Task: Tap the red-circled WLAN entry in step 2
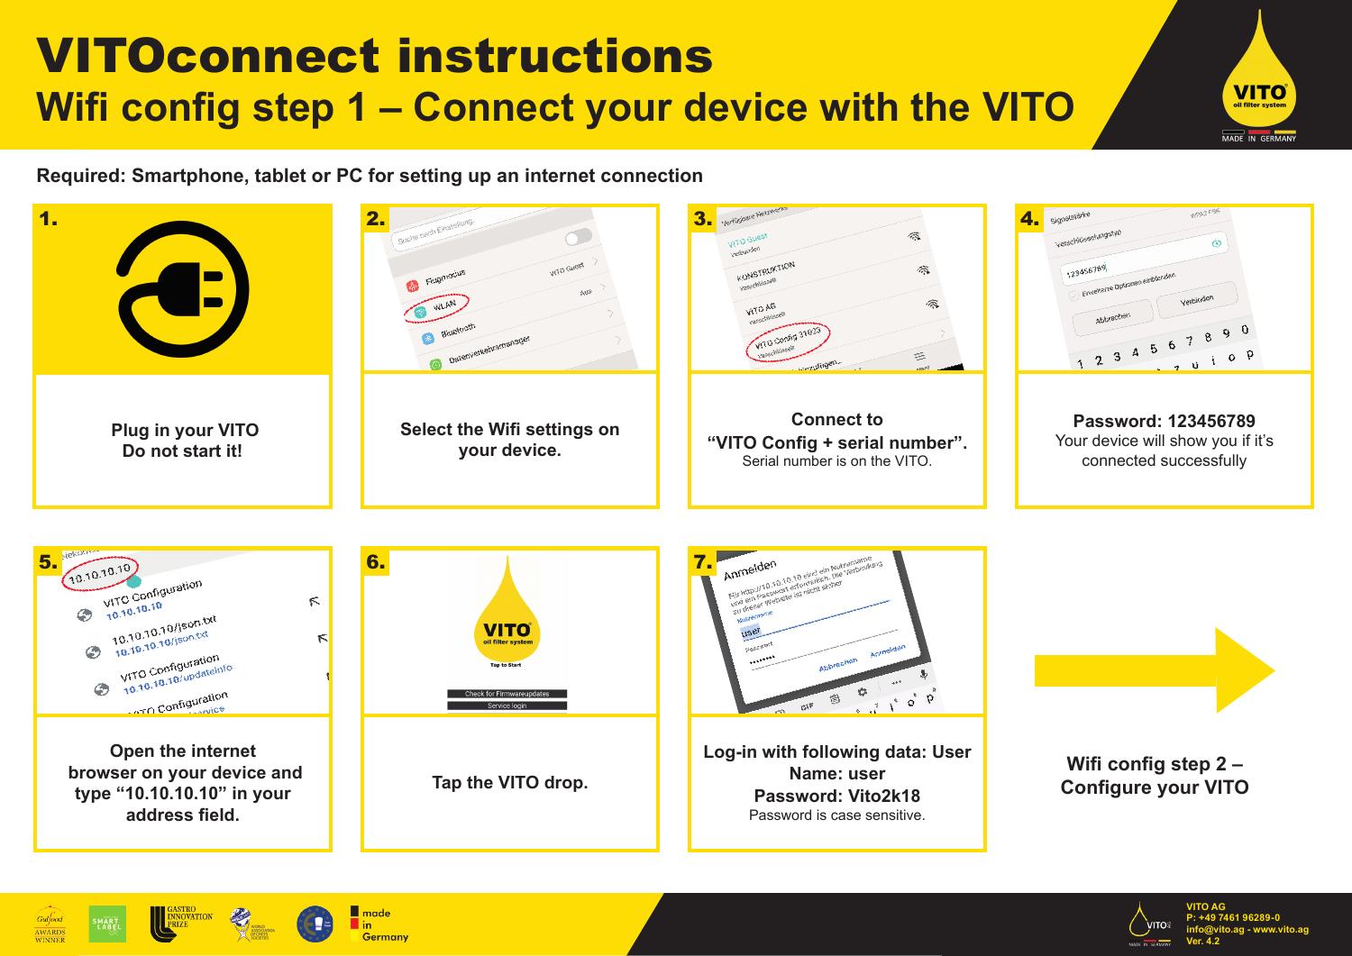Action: (x=437, y=306)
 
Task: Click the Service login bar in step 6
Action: (x=507, y=706)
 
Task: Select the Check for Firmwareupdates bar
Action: (x=507, y=694)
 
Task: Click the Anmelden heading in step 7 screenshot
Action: (x=752, y=569)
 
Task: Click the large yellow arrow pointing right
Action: (x=1155, y=669)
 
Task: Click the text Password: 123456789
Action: (x=1164, y=422)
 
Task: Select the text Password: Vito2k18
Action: (x=836, y=797)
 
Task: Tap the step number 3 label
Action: (x=702, y=219)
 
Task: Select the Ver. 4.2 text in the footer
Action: (x=1203, y=942)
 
